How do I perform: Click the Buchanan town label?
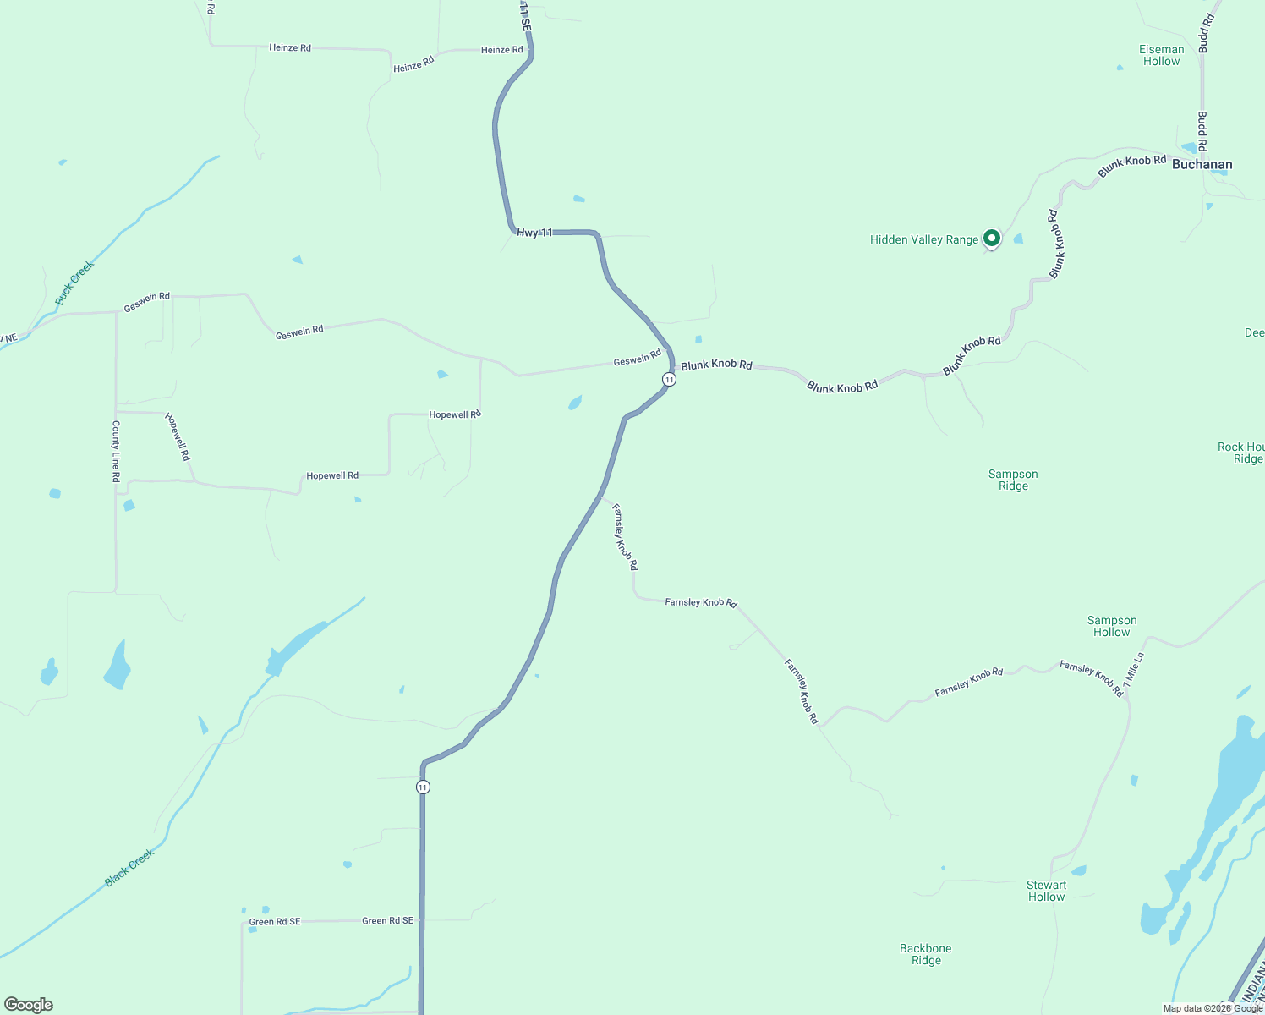[1202, 165]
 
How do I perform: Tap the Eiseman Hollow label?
[1161, 55]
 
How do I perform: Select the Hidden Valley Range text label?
[923, 239]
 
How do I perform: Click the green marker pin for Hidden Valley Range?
[991, 239]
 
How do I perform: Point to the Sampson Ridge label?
[1013, 480]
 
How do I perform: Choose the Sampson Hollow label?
[1111, 626]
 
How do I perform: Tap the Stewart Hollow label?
[1046, 891]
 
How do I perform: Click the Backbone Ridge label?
[926, 954]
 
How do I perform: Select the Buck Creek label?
[74, 283]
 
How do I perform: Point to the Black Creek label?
[129, 868]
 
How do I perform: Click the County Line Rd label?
[116, 452]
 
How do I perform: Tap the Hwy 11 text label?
[534, 232]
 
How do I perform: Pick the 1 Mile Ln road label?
[1134, 669]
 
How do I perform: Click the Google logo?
[29, 1005]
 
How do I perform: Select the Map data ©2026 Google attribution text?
[1213, 1008]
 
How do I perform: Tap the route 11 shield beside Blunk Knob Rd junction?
[669, 380]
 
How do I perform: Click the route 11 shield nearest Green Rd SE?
[423, 787]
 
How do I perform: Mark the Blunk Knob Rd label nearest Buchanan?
[1131, 166]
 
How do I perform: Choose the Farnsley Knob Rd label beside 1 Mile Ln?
[1092, 678]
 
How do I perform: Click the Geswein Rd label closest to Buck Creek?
[146, 302]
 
